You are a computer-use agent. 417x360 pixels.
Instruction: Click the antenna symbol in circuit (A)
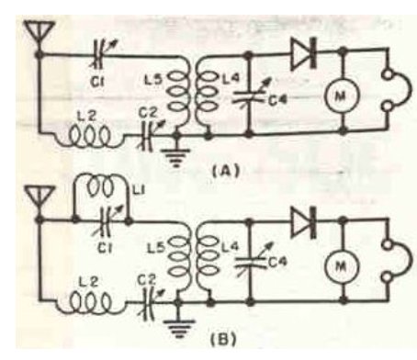39,35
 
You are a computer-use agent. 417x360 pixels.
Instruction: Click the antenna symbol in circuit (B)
39,200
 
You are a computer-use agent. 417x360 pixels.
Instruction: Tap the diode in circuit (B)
304,222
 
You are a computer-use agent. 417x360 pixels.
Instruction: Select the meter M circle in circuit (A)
340,96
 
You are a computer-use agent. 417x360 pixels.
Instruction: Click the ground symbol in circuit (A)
176,157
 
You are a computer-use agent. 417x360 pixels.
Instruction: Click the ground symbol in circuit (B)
179,328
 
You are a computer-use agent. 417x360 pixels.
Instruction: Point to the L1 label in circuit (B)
140,190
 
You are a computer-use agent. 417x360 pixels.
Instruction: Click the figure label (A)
226,171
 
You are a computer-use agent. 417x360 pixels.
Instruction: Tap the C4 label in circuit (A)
277,100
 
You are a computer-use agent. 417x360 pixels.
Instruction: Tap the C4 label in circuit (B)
278,263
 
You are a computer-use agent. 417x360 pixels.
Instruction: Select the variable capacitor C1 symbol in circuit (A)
101,55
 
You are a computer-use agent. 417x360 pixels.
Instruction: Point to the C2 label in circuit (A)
148,114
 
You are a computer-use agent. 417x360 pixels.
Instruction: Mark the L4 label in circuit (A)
231,77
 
